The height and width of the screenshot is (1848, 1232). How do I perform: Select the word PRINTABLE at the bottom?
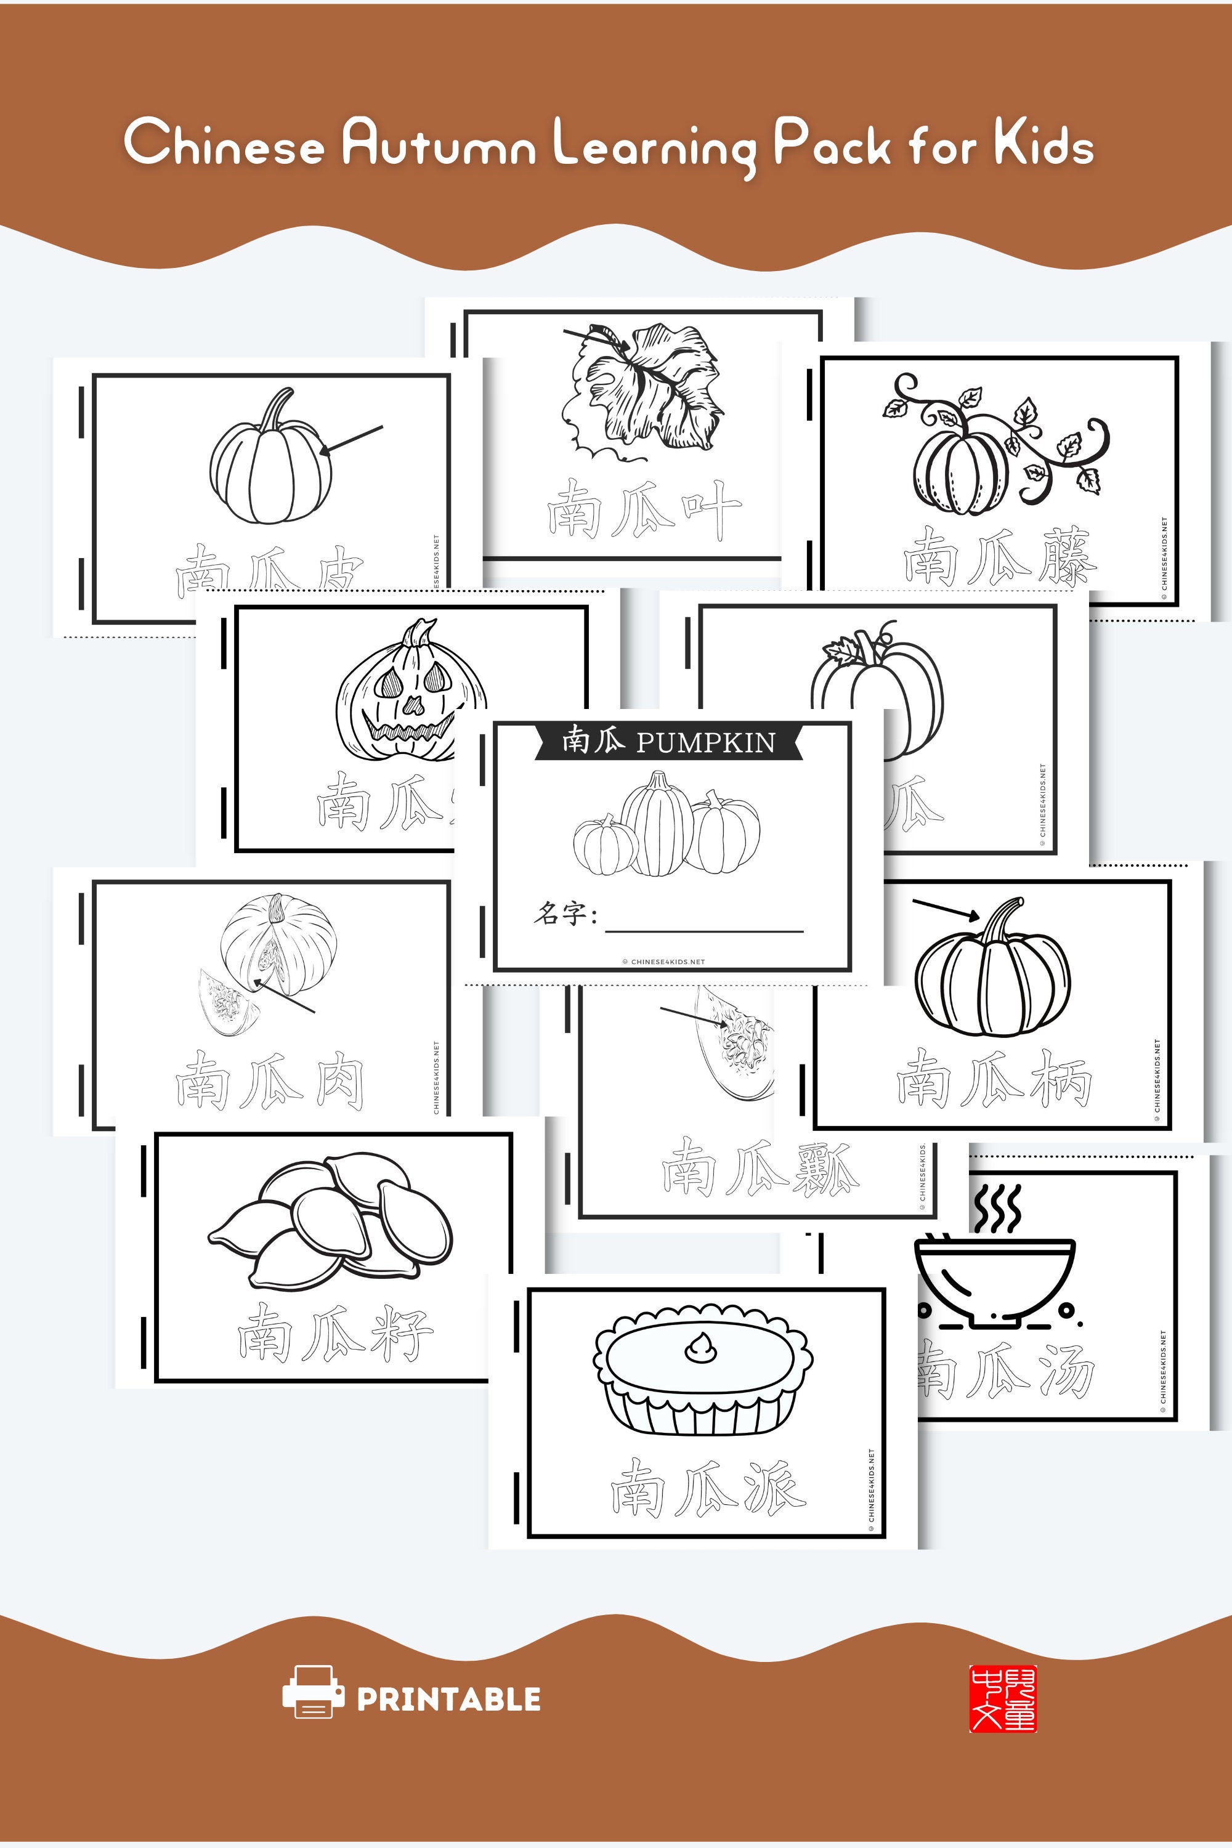(x=448, y=1699)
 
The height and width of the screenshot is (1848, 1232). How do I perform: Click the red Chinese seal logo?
(x=1003, y=1698)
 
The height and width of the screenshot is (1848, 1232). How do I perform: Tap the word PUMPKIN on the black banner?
(x=705, y=742)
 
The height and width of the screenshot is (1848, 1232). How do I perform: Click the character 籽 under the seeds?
(x=402, y=1334)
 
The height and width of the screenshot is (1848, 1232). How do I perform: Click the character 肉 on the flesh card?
(x=339, y=1083)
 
